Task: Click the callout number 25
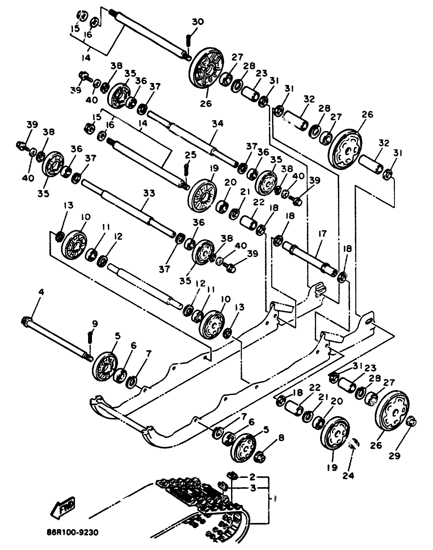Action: click(x=191, y=154)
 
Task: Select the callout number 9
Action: click(x=94, y=324)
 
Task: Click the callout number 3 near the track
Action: click(x=252, y=488)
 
